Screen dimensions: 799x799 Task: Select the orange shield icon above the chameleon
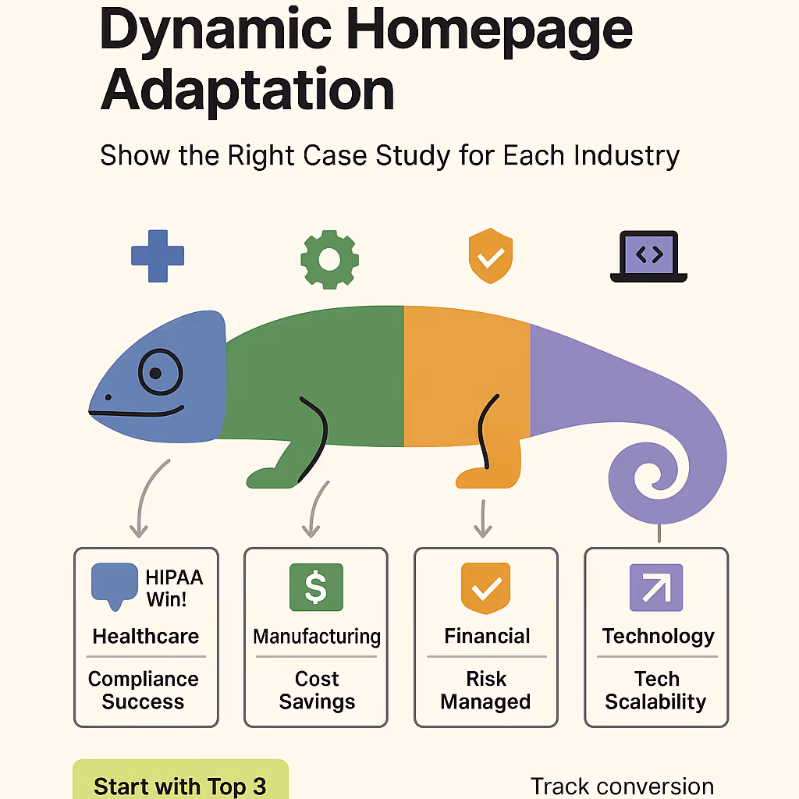[x=490, y=256]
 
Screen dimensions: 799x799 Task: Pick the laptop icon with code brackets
[x=648, y=257]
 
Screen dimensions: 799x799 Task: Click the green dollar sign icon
[x=315, y=588]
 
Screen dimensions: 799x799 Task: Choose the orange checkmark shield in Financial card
[x=486, y=588]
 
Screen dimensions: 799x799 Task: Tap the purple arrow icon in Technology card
[x=655, y=588]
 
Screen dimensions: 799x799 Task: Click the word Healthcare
[x=146, y=636]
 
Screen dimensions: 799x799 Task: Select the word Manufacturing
[x=316, y=636]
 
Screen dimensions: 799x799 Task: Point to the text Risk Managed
[x=485, y=690]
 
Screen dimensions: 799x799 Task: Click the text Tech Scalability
[x=655, y=690]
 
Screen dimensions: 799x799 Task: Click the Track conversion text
[x=622, y=787]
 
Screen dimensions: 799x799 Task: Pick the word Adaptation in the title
[x=247, y=91]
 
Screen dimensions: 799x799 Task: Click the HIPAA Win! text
[x=174, y=589]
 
